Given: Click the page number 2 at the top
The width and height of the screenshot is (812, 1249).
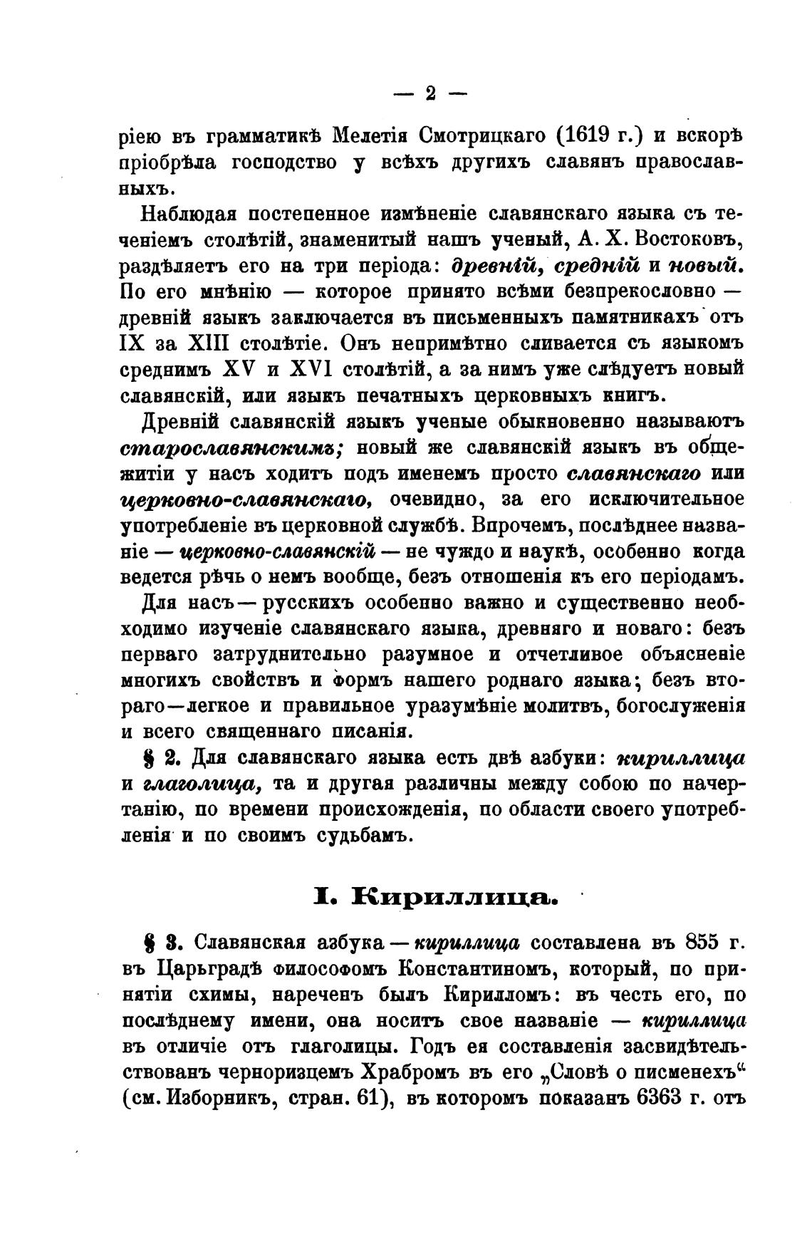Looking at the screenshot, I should (x=430, y=93).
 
